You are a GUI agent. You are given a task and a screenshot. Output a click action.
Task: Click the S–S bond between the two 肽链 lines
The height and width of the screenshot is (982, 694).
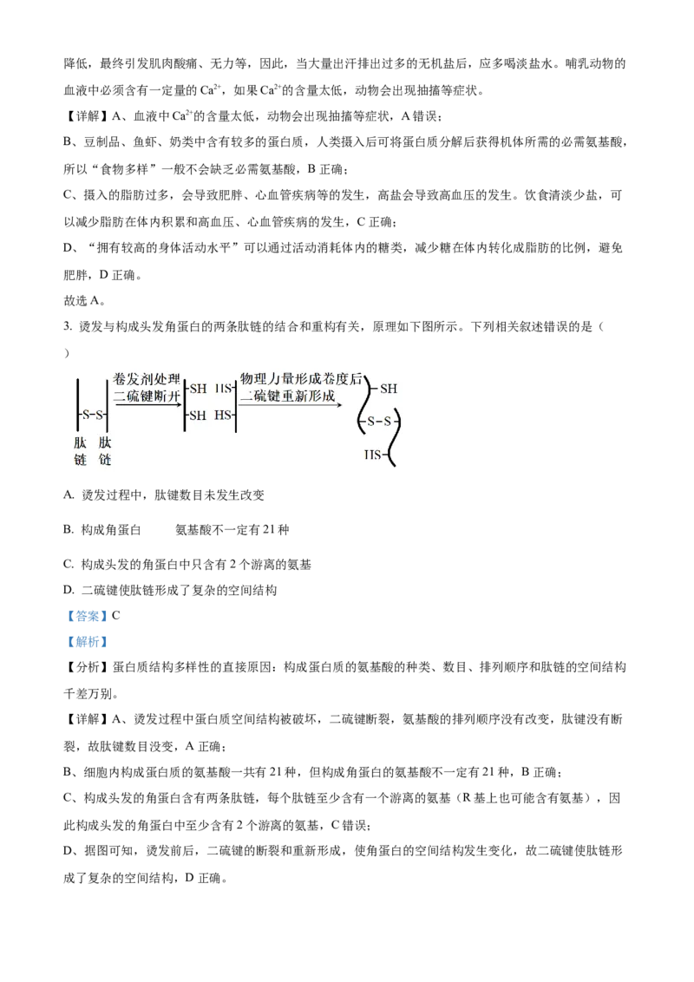click(93, 415)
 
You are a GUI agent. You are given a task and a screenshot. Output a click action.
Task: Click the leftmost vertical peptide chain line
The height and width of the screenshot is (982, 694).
click(78, 408)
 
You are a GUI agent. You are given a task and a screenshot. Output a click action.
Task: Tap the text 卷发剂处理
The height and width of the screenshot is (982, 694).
click(147, 380)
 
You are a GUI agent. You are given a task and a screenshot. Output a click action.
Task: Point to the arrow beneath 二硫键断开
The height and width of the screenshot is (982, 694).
click(148, 405)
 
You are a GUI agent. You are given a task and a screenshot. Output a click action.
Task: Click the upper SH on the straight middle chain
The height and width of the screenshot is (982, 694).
click(197, 389)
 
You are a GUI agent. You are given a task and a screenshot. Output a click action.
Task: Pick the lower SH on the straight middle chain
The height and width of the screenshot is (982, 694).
click(197, 416)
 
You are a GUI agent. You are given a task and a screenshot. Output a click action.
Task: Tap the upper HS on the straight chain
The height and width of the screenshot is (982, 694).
click(225, 389)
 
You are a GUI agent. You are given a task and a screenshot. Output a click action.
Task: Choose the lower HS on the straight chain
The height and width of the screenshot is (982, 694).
click(225, 416)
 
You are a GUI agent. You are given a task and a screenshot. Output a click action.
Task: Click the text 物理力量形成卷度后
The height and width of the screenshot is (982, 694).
click(301, 380)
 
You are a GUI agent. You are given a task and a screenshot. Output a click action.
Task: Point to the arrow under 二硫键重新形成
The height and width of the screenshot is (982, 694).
click(290, 405)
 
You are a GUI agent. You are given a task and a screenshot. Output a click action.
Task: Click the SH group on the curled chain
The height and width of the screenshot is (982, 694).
click(387, 389)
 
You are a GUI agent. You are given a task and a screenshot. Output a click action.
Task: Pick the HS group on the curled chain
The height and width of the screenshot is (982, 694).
click(374, 454)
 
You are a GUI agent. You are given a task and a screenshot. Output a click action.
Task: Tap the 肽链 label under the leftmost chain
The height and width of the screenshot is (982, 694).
click(81, 451)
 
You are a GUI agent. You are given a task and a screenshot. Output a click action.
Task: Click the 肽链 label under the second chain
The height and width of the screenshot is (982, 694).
click(105, 451)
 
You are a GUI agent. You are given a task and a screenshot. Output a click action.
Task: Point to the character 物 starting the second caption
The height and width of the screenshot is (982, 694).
click(246, 380)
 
